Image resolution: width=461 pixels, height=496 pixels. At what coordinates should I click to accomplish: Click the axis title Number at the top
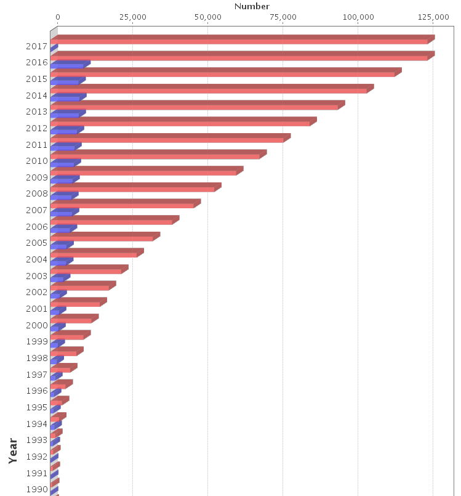coord(252,6)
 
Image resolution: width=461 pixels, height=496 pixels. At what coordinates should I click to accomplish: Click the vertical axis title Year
coord(14,450)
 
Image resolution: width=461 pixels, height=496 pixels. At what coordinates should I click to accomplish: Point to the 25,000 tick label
coord(132,17)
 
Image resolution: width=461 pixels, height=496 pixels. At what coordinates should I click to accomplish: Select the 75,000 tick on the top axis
coord(283,17)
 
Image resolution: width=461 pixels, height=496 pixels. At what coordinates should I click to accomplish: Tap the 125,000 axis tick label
coord(433,17)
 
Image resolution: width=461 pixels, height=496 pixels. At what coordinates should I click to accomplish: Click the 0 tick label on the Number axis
coord(58,17)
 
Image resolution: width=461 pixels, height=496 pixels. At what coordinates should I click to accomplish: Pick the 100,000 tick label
coord(358,17)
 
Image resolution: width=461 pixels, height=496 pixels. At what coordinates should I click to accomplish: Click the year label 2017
coord(38,46)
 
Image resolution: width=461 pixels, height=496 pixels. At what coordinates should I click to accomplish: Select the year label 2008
coord(38,193)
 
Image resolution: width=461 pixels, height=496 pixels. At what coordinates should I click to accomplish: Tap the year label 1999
coord(38,341)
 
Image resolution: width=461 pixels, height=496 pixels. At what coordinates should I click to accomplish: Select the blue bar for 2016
coord(68,65)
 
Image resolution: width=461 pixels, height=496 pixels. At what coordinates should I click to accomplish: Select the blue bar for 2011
coord(63,147)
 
